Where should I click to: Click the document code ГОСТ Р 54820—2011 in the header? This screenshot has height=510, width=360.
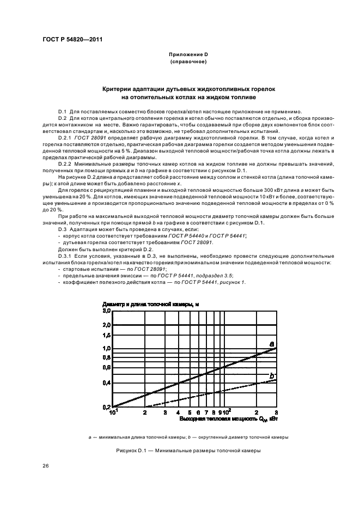(x=72, y=39)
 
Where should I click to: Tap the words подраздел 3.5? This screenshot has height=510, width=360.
(x=199, y=275)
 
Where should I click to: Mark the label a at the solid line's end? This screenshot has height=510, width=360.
(x=271, y=343)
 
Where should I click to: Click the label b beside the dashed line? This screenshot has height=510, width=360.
(x=272, y=375)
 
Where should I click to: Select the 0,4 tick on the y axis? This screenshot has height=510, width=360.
(x=107, y=382)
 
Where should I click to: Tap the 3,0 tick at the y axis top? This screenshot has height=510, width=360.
(x=107, y=311)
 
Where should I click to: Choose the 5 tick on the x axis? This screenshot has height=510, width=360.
(x=190, y=413)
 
